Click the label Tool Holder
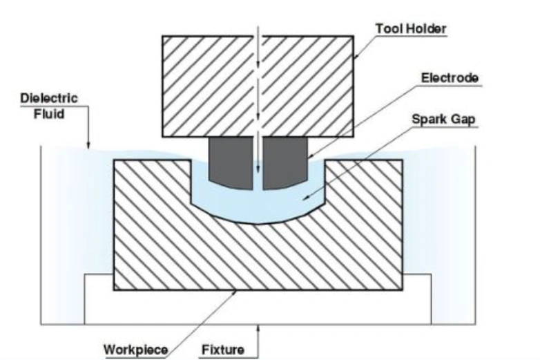pos(411,28)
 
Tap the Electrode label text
pos(450,77)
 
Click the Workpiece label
pos(136,349)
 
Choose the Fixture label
pos(222,349)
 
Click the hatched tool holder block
pos(207,83)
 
